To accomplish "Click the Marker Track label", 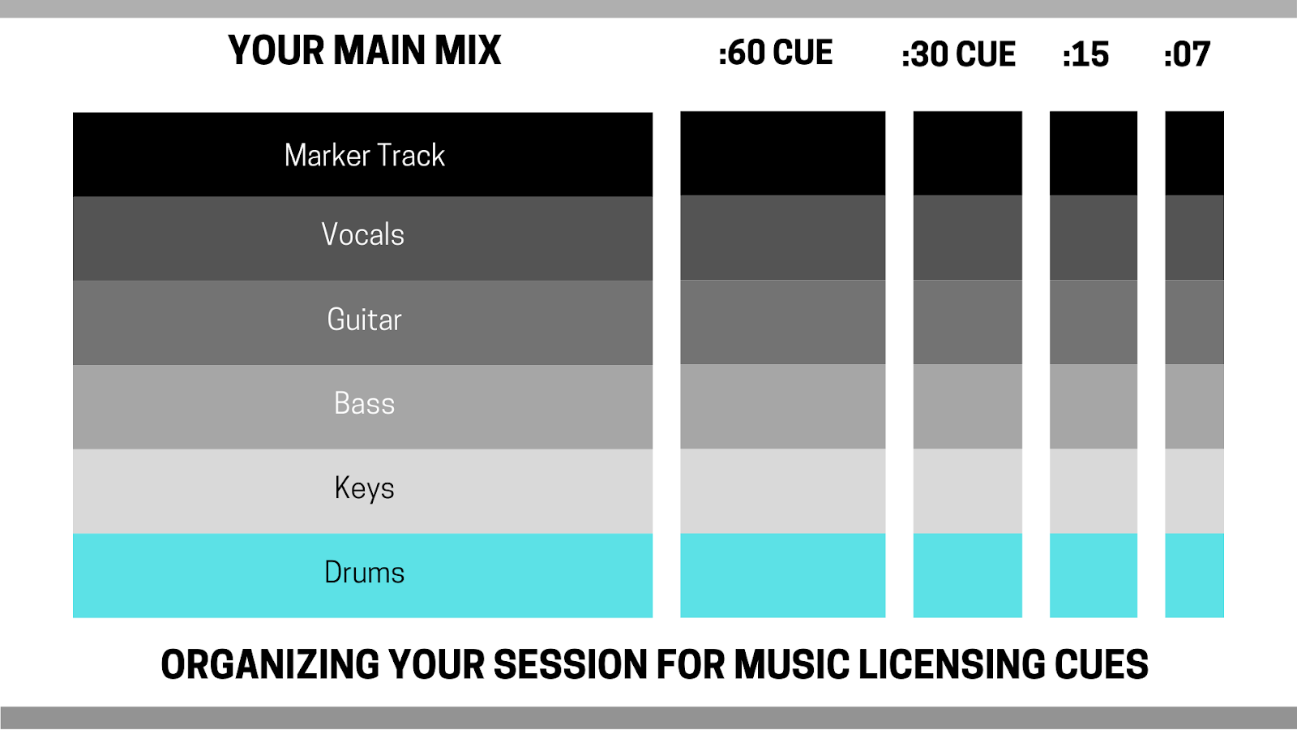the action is (x=364, y=155).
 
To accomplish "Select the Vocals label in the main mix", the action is (x=363, y=234).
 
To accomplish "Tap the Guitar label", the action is (x=364, y=320).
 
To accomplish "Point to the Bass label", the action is (x=364, y=403).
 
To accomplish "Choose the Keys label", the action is (x=364, y=488).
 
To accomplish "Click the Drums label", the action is (x=364, y=573).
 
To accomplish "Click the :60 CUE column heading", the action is (x=775, y=53).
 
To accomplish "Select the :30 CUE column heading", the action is (x=959, y=54).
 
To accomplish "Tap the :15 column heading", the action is (x=1085, y=55).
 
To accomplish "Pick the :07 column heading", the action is (x=1187, y=55).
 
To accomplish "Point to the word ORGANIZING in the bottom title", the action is (x=270, y=664).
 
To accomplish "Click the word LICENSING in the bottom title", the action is (x=952, y=664).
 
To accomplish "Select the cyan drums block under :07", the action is (x=1195, y=575).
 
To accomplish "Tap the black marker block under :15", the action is (x=1094, y=153).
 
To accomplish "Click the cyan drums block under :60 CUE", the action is (x=783, y=575).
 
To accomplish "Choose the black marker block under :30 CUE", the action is (x=968, y=153).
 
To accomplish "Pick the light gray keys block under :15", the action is (x=1094, y=492).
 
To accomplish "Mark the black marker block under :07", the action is (x=1195, y=153).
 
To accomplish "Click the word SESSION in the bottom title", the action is (x=571, y=664).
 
